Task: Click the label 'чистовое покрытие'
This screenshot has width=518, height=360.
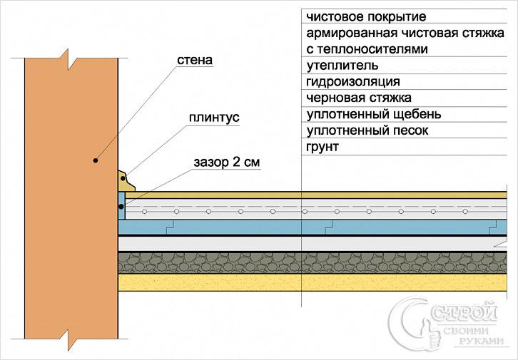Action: (366, 16)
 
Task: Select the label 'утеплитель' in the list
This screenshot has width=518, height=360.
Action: (342, 66)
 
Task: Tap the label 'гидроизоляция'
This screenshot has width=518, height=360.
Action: (353, 81)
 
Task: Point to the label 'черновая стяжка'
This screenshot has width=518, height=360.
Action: (359, 98)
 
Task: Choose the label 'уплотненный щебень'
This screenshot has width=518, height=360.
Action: (374, 114)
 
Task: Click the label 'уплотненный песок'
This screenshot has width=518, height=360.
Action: (367, 130)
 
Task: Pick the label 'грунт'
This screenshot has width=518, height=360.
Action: (323, 147)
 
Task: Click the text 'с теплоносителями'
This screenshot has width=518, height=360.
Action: (367, 49)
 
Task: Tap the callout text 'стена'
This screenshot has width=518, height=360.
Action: (195, 60)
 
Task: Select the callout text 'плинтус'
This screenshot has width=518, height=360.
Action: (214, 118)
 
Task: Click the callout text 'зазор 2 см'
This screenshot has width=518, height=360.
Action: (227, 162)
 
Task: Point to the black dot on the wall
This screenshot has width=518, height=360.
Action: (95, 160)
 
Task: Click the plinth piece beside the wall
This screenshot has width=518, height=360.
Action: (126, 181)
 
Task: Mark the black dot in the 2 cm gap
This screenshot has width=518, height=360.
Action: (121, 207)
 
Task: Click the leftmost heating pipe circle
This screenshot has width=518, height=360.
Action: (144, 211)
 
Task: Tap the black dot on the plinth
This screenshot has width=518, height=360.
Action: (123, 178)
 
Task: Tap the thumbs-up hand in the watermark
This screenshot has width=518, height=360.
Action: (431, 334)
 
